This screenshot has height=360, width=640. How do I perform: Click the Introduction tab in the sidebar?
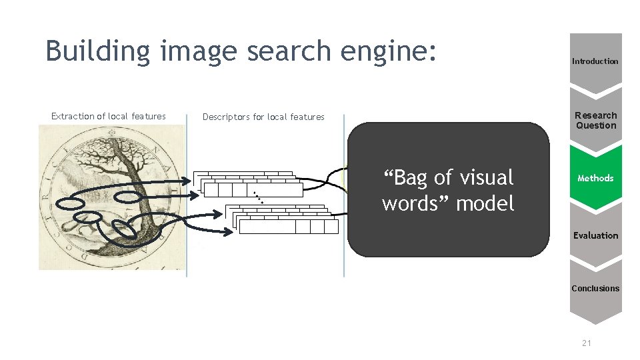595,61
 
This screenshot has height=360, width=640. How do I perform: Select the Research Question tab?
595,120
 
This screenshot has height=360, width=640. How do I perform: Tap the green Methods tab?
595,178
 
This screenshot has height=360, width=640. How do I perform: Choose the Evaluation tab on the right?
595,235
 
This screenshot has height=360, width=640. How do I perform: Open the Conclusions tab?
595,289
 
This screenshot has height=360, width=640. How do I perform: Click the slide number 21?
587,343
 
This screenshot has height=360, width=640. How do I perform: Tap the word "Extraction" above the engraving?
73,116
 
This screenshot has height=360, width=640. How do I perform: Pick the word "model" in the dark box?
485,203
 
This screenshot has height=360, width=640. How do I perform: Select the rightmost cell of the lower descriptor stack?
331,227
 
